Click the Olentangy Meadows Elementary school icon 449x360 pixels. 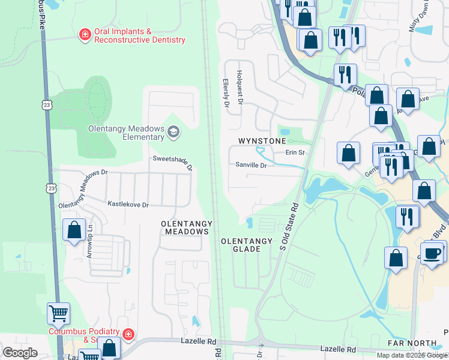point(173,132)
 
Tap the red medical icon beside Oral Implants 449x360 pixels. point(85,35)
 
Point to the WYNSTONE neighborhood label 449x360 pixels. point(262,141)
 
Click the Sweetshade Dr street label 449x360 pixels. point(172,162)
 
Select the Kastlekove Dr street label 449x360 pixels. point(128,205)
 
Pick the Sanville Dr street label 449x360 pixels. point(250,164)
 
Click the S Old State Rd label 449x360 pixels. point(290,227)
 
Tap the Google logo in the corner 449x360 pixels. point(20,352)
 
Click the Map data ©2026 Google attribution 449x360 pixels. point(412,355)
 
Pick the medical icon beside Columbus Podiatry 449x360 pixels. point(128,334)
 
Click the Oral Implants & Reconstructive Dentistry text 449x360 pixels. point(139,35)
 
